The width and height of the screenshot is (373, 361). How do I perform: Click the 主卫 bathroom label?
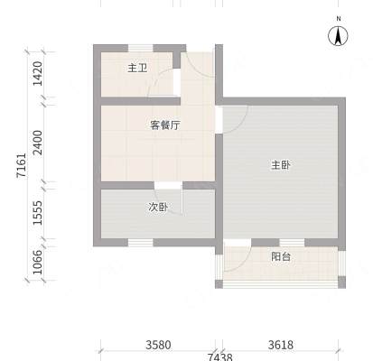[137, 68]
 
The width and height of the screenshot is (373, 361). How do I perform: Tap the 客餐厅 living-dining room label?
[165, 125]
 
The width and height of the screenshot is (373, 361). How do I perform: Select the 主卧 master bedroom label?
[281, 165]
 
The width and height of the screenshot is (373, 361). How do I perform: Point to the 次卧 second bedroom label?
[158, 207]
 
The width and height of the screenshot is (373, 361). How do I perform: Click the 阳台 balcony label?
[281, 256]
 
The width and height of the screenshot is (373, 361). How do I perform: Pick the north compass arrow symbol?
[338, 36]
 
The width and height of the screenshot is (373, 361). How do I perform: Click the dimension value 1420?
[38, 74]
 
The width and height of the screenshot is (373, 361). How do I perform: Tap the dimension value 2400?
[38, 143]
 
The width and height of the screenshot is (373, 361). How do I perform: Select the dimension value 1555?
[38, 213]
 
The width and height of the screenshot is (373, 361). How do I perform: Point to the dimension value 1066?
[38, 262]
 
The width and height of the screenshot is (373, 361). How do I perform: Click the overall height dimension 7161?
[22, 165]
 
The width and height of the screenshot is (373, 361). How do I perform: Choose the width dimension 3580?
[158, 345]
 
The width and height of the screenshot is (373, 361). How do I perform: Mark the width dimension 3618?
[281, 345]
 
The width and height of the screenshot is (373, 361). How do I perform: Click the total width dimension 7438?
[220, 357]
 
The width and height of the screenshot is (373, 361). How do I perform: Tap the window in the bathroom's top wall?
[141, 48]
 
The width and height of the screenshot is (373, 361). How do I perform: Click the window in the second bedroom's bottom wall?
[141, 243]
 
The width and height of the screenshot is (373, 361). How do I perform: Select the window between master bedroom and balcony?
[292, 243]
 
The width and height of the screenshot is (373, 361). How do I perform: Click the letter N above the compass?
[339, 19]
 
